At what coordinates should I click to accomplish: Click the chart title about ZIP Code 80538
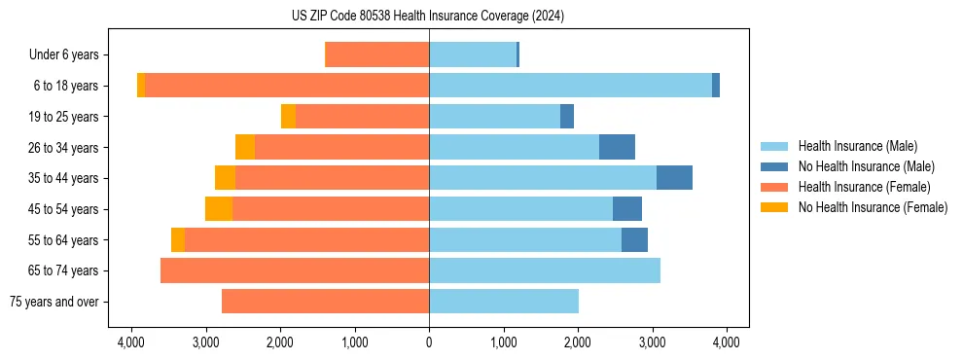coord(428,16)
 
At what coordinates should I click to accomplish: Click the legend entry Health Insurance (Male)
coord(857,146)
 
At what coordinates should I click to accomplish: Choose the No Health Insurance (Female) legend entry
coord(873,207)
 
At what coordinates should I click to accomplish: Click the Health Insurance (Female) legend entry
coord(864,187)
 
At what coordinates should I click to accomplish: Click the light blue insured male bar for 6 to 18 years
coord(570,86)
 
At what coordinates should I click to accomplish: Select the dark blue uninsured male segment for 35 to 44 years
coord(674,178)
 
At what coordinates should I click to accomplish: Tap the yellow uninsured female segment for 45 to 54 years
coord(219,209)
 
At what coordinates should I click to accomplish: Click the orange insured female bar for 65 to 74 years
coord(295,270)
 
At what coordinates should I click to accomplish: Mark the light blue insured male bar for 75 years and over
coord(504,302)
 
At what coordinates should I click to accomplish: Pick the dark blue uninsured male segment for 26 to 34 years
coord(617,147)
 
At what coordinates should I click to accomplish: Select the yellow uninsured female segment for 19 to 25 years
coord(288,117)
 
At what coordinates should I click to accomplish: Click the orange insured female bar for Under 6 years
coord(376,55)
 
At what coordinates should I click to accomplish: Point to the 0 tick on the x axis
coord(429,342)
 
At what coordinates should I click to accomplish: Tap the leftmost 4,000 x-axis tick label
coord(131,342)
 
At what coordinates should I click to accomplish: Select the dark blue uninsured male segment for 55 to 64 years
coord(634,239)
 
